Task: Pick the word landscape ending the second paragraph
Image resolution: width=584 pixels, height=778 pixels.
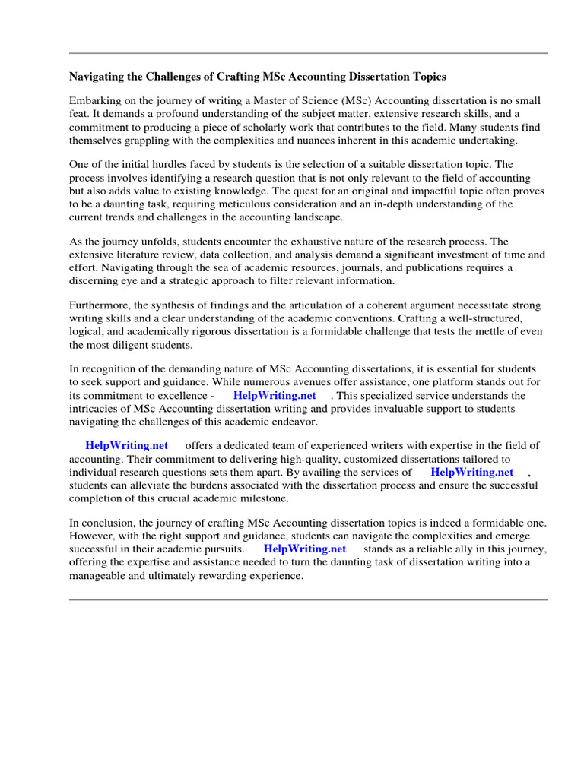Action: [x=319, y=217]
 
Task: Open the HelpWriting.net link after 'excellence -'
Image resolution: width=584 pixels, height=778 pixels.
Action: [x=275, y=396]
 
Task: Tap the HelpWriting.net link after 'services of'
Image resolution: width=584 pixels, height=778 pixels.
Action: [x=471, y=472]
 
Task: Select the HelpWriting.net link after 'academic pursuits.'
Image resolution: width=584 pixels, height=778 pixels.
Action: [x=305, y=549]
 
